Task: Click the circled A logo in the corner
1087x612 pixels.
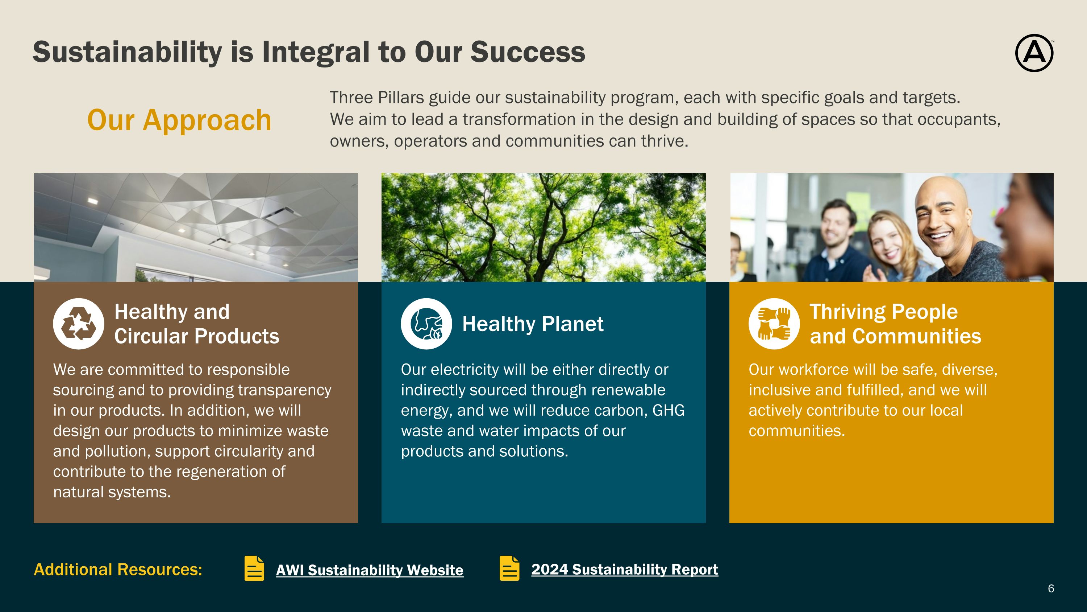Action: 1034,53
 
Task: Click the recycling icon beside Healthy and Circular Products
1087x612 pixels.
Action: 79,324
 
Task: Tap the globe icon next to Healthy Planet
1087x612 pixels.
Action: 426,324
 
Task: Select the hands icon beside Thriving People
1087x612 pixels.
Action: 774,324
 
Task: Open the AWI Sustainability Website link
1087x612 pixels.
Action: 369,570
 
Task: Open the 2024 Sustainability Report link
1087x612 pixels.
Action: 625,569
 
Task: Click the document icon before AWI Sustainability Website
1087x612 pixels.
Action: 254,568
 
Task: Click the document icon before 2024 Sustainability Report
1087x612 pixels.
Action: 510,568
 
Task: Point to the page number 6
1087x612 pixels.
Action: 1051,588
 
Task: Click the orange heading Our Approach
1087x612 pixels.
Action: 179,120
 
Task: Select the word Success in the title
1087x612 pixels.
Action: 528,52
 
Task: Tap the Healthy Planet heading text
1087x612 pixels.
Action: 533,324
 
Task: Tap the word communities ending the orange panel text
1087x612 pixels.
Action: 797,431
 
